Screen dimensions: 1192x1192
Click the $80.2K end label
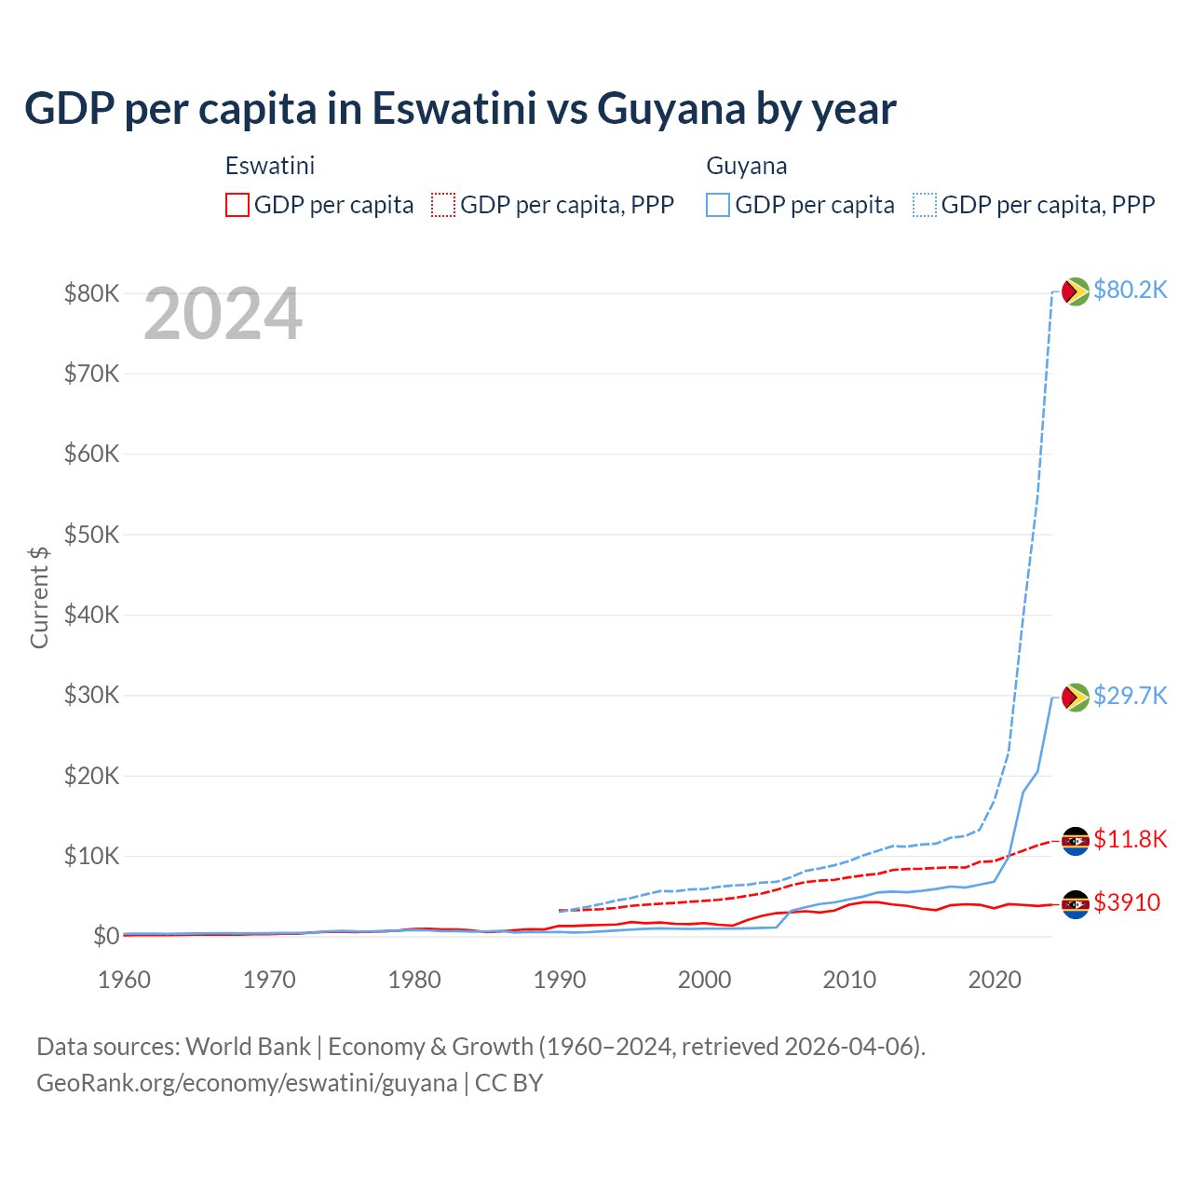click(1130, 291)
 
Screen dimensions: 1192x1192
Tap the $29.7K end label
click(1130, 697)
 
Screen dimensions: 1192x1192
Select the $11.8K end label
click(1130, 840)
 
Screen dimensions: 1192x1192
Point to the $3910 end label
click(1127, 903)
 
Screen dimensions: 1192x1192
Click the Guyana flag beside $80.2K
click(1076, 291)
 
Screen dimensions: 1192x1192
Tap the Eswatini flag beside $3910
click(1076, 904)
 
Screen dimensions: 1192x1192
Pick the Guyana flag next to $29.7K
click(1076, 698)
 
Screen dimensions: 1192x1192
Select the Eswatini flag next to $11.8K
click(1076, 841)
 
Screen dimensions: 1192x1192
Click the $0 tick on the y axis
click(105, 937)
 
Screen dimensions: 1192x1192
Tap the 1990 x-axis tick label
click(560, 981)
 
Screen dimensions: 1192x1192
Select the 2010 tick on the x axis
click(849, 981)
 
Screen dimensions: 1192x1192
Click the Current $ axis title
click(39, 598)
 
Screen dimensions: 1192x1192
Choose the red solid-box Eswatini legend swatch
click(237, 205)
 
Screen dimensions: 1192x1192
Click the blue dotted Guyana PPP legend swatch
click(925, 205)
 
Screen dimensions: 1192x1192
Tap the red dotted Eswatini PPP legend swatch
click(443, 205)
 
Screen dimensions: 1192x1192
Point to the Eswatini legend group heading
click(270, 166)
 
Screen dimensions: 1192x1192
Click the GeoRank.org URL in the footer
click(247, 1083)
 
